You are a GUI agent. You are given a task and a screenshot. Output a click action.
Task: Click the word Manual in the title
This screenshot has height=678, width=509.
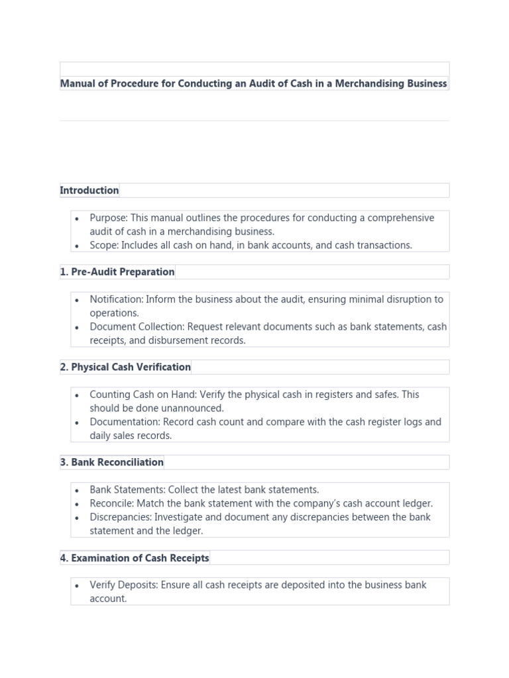click(78, 83)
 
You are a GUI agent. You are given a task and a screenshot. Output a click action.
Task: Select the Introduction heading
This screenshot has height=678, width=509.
click(89, 191)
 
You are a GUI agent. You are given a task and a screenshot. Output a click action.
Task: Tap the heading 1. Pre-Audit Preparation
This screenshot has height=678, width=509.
click(117, 272)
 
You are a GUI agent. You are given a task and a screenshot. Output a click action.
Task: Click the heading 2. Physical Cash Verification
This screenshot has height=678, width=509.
click(125, 367)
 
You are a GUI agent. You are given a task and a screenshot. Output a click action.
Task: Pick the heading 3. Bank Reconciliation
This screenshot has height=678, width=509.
click(112, 462)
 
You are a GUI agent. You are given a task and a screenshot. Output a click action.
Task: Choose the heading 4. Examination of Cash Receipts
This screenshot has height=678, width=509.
click(135, 558)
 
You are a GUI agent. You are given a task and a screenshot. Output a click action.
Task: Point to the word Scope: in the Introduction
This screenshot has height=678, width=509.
click(104, 245)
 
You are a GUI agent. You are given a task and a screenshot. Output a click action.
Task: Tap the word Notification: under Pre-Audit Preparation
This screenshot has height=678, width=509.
click(117, 299)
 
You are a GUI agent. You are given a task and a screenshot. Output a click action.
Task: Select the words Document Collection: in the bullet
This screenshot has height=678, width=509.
click(137, 326)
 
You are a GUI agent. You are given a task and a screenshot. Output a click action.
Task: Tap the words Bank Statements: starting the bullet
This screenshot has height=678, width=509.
click(127, 490)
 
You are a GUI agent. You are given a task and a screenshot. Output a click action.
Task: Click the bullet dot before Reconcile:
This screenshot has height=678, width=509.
click(78, 504)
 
